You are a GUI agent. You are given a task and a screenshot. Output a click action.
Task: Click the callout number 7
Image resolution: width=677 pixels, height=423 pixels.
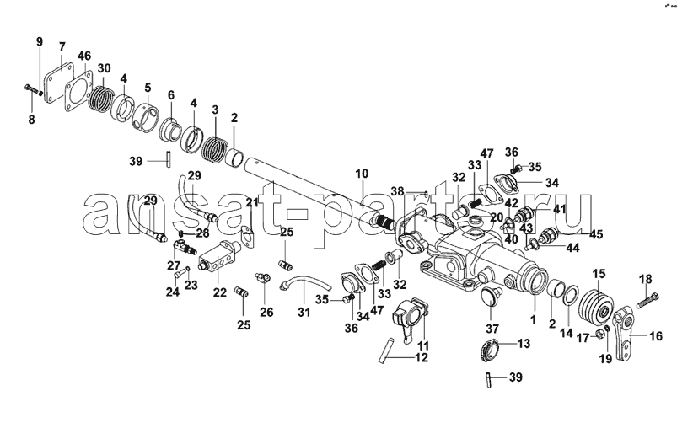pyautogui.click(x=62, y=46)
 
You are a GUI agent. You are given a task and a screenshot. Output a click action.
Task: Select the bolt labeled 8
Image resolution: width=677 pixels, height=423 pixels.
pyautogui.click(x=32, y=90)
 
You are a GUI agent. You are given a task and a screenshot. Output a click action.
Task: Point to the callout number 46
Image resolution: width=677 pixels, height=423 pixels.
pyautogui.click(x=84, y=56)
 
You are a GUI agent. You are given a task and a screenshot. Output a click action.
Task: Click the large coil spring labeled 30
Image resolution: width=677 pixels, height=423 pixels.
pyautogui.click(x=101, y=99)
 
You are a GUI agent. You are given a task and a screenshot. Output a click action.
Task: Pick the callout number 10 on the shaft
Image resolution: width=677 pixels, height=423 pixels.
pyautogui.click(x=362, y=174)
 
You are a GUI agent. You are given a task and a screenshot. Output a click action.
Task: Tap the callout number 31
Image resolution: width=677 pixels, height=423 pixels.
pyautogui.click(x=304, y=312)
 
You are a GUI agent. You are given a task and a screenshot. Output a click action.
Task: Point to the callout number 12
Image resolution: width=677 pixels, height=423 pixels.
pyautogui.click(x=422, y=357)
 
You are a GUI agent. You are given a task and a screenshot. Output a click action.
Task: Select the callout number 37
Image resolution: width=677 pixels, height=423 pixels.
pyautogui.click(x=492, y=329)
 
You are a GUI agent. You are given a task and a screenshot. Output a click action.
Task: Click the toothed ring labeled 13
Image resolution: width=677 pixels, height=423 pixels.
pyautogui.click(x=489, y=346)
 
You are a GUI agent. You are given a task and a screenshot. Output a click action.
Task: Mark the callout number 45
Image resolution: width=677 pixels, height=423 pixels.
pyautogui.click(x=596, y=234)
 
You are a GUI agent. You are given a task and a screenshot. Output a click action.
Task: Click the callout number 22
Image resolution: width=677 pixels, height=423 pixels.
pyautogui.click(x=219, y=292)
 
